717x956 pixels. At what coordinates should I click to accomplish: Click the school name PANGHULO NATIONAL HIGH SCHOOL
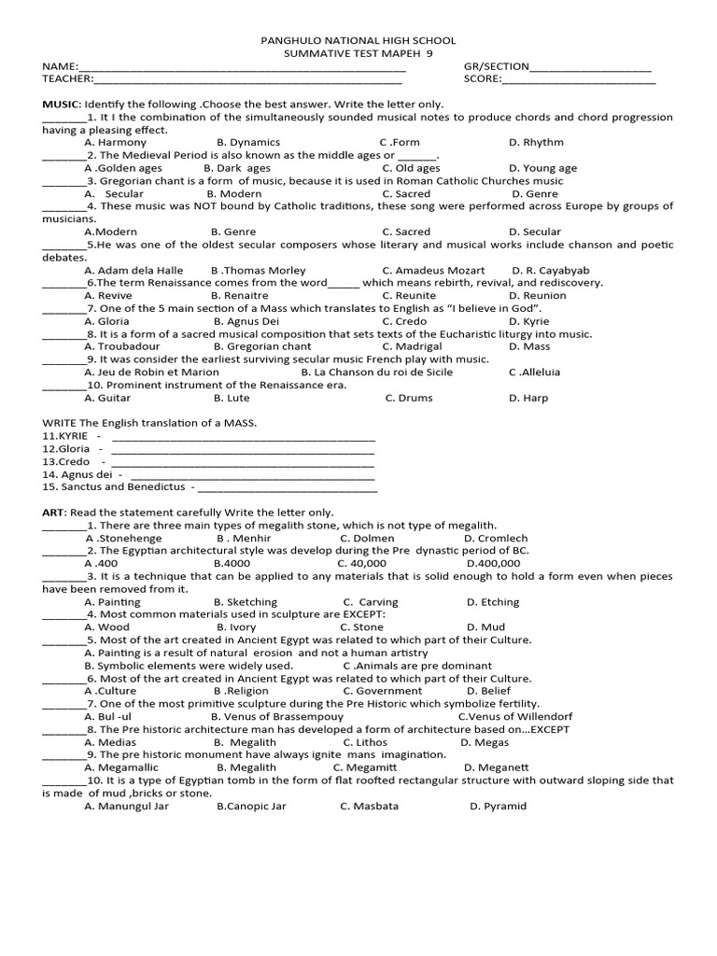pos(358,41)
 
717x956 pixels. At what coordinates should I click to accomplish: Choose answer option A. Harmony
pos(115,143)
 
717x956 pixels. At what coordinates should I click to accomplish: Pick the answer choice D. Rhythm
pos(536,143)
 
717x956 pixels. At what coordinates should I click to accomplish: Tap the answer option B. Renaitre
pos(246,296)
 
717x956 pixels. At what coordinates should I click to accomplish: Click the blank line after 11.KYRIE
pos(243,436)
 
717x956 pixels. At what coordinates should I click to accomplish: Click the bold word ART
pos(52,513)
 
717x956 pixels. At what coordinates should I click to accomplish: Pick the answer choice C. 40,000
pos(362,564)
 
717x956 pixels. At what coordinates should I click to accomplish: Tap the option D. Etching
pos(493,602)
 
